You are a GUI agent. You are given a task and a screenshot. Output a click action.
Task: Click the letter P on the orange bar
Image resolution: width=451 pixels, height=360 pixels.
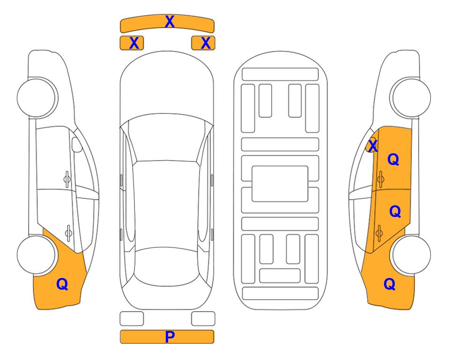170,337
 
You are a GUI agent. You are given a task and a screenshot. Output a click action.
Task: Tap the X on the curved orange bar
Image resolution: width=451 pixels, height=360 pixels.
170,22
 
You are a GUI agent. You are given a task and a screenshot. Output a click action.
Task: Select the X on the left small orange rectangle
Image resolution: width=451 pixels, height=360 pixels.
134,43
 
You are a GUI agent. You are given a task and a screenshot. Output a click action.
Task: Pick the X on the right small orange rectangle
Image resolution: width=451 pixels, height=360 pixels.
206,43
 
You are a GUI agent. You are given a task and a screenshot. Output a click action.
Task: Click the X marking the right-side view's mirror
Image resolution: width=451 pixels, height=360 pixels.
373,146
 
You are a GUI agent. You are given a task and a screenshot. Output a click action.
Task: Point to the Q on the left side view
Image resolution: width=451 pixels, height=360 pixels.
62,284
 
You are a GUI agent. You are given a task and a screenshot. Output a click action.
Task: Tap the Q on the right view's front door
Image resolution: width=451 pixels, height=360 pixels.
393,159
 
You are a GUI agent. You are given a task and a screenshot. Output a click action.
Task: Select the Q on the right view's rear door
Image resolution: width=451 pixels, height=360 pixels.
395,211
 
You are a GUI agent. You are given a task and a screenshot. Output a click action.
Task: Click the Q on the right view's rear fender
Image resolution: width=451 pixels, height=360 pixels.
390,284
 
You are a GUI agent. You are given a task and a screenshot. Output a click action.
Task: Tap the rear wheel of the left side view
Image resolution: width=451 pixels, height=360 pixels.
36,255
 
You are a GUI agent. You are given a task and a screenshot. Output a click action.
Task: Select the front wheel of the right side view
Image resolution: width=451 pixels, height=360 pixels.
411,98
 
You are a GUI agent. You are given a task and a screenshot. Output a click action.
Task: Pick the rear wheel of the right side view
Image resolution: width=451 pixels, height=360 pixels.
411,255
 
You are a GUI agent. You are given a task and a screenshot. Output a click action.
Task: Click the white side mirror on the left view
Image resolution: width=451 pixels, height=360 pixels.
77,144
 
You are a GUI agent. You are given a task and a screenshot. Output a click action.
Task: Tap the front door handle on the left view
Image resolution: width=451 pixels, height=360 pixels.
67,180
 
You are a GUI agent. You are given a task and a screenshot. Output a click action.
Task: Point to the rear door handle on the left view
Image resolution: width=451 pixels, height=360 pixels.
68,232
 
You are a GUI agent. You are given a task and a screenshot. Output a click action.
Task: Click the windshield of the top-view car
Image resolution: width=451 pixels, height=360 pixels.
167,138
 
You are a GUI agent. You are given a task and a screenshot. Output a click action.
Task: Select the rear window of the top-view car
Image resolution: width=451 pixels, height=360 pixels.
167,266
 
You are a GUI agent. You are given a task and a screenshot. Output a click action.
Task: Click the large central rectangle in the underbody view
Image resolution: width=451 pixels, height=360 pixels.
280,184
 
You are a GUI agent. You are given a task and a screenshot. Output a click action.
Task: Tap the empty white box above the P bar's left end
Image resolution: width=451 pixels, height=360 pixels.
132,319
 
